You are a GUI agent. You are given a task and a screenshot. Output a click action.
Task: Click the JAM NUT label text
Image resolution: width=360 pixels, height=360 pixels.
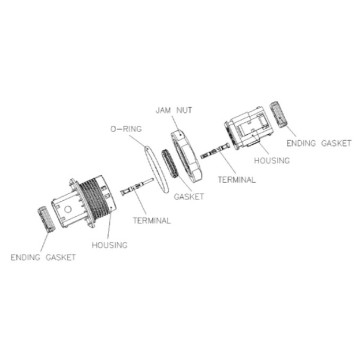tap(174, 110)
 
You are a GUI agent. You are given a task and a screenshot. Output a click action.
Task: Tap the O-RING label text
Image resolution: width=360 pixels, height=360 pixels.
tap(126, 129)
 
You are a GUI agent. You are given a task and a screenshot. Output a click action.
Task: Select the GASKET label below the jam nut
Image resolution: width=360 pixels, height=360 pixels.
tap(189, 197)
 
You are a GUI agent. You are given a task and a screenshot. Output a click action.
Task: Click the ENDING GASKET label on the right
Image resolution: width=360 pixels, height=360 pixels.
tap(319, 143)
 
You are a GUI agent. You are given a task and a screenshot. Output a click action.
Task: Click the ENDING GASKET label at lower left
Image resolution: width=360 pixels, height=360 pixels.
tap(43, 258)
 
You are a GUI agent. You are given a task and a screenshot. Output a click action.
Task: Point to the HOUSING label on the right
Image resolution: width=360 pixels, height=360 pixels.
tap(272, 161)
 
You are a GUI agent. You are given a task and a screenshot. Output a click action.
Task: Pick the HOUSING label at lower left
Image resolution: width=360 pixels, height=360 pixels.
tap(109, 245)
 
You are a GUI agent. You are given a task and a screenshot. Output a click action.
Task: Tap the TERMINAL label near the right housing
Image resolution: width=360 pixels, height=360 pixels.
tap(237, 180)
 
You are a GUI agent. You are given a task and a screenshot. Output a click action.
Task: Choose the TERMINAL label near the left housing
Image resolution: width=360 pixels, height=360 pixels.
tap(152, 220)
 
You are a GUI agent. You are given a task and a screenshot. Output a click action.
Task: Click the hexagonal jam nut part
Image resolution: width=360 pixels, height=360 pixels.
tap(185, 155)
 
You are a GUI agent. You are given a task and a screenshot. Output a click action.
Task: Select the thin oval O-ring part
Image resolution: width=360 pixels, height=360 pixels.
tap(156, 170)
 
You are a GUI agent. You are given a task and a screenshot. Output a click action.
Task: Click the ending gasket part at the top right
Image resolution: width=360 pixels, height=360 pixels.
tap(278, 115)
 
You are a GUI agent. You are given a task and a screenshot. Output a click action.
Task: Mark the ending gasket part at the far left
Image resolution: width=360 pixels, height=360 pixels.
tap(47, 219)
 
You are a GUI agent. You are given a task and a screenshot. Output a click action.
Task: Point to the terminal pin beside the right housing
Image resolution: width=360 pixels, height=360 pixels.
tap(215, 151)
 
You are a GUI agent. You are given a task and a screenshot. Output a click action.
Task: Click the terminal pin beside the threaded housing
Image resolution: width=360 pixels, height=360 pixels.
tap(137, 188)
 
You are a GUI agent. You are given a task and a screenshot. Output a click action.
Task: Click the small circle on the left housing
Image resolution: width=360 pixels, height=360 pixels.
tap(68, 209)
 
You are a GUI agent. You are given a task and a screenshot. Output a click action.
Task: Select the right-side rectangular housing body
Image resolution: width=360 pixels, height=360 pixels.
tap(249, 128)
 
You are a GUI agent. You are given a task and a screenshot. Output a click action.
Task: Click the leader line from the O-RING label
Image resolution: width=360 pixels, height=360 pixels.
tap(138, 141)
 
